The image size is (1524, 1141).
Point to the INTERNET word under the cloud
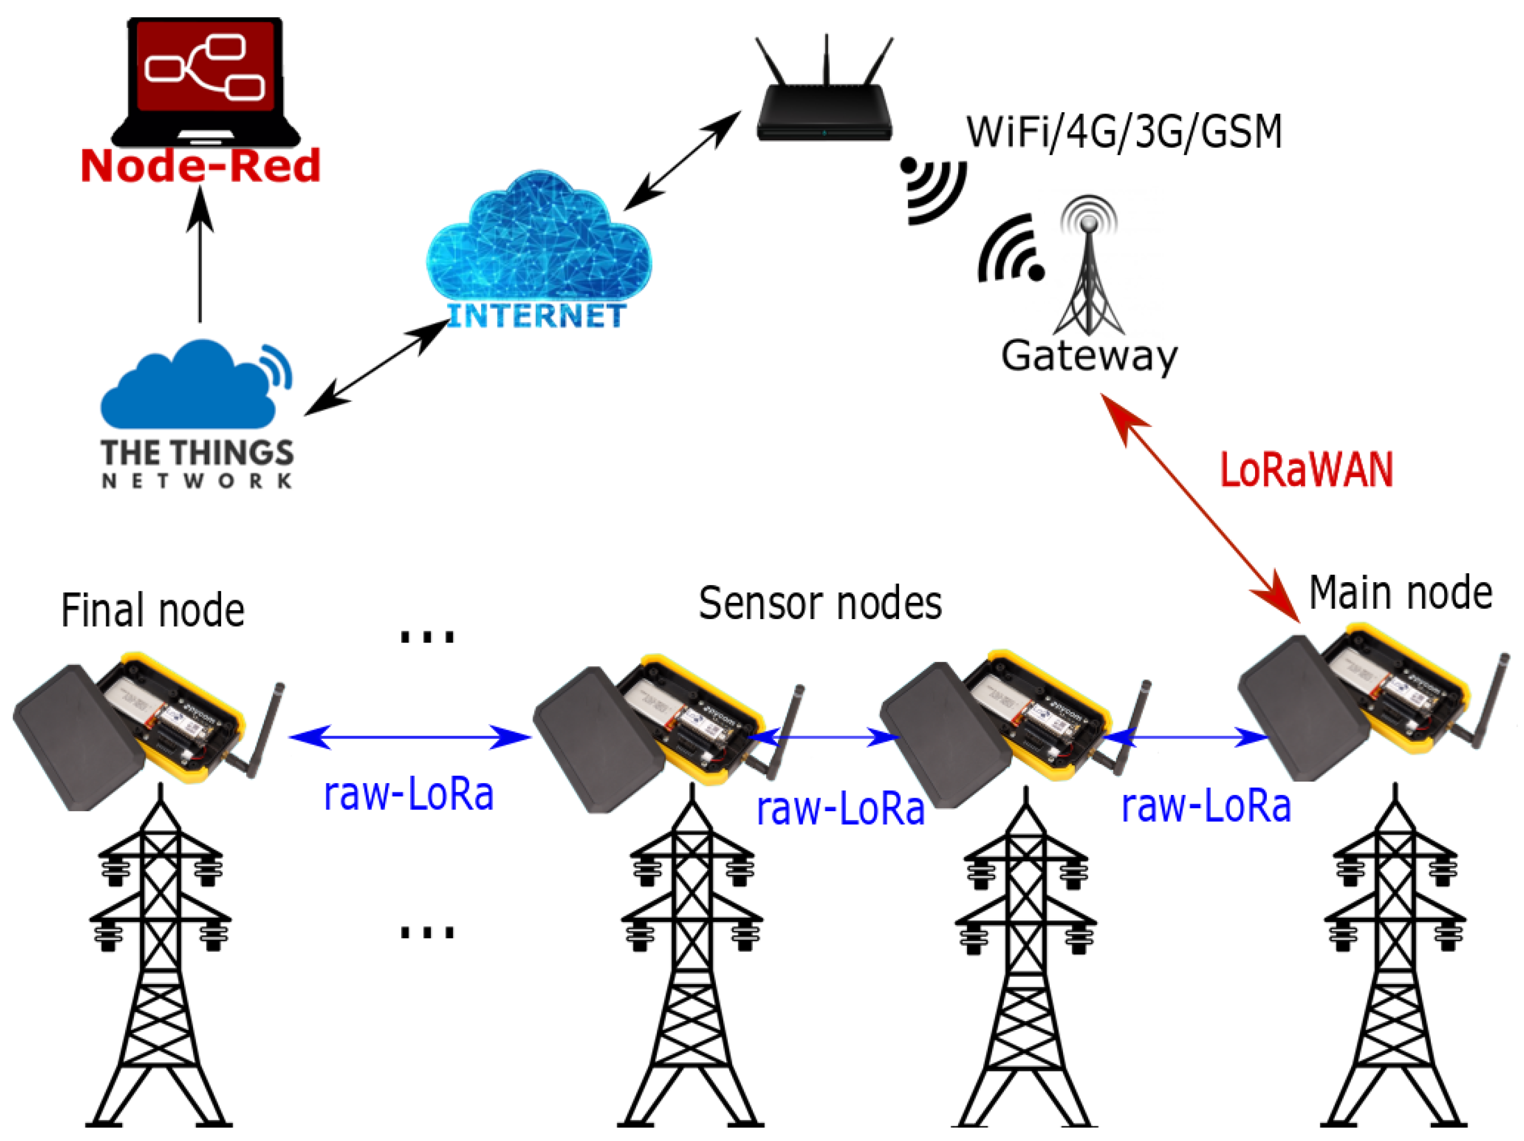537,315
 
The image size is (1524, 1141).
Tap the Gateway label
1089,356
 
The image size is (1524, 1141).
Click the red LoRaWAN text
1306,470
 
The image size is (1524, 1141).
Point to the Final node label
153,611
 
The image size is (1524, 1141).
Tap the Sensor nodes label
820,603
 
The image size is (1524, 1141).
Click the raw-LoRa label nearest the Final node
408,794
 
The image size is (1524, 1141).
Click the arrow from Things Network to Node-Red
200,255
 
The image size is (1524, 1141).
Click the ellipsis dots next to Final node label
427,635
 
